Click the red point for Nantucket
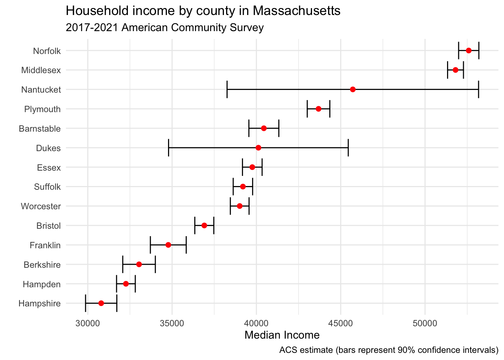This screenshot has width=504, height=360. coord(352,89)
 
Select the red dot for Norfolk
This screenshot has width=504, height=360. coord(468,50)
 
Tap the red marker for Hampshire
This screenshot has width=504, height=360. coord(101,303)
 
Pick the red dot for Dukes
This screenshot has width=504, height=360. coord(258,148)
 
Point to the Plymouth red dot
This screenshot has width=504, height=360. coord(318,109)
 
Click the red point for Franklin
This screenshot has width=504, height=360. coord(168,245)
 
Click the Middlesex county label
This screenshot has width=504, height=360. coord(41,70)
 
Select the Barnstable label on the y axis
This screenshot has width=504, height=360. coord(39,129)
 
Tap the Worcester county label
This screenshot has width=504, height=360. coord(40,206)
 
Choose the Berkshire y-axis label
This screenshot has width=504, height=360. coord(42,265)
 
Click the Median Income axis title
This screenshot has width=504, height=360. coord(282,335)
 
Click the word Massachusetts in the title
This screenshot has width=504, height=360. coord(296,11)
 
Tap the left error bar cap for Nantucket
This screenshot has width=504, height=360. coord(227,89)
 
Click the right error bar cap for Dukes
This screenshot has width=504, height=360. coord(348,148)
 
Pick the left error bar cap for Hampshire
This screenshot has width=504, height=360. coord(85,303)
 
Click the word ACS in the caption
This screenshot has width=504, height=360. coord(287,350)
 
